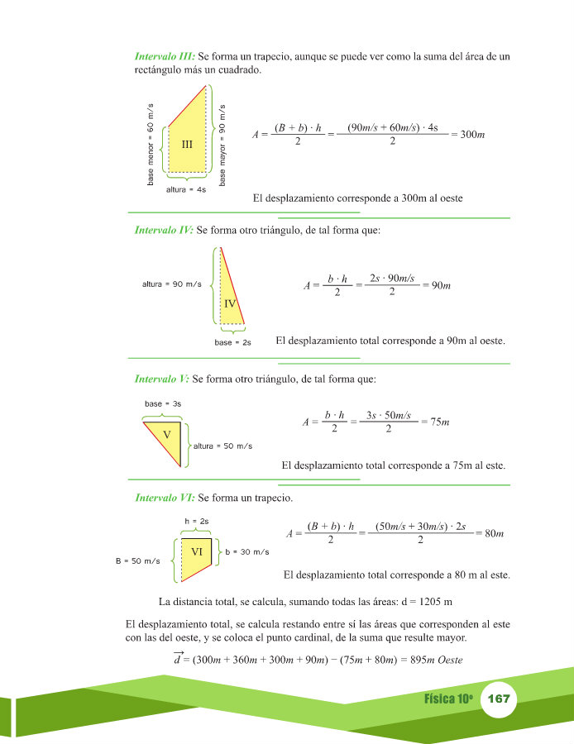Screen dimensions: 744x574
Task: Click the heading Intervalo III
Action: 165,56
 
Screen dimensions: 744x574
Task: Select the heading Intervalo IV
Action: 164,231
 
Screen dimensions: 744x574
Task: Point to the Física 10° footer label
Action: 447,699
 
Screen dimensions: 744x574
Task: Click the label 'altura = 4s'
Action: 186,189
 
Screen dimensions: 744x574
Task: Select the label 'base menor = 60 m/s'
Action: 151,144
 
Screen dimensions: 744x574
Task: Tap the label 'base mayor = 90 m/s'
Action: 223,144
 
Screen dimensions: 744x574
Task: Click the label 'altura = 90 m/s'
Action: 172,284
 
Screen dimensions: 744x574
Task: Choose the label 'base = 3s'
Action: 163,403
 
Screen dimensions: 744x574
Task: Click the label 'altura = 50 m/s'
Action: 222,446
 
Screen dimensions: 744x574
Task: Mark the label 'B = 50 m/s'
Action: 138,561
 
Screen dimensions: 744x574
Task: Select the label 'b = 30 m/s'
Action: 247,551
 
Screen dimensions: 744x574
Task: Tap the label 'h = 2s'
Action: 196,521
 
